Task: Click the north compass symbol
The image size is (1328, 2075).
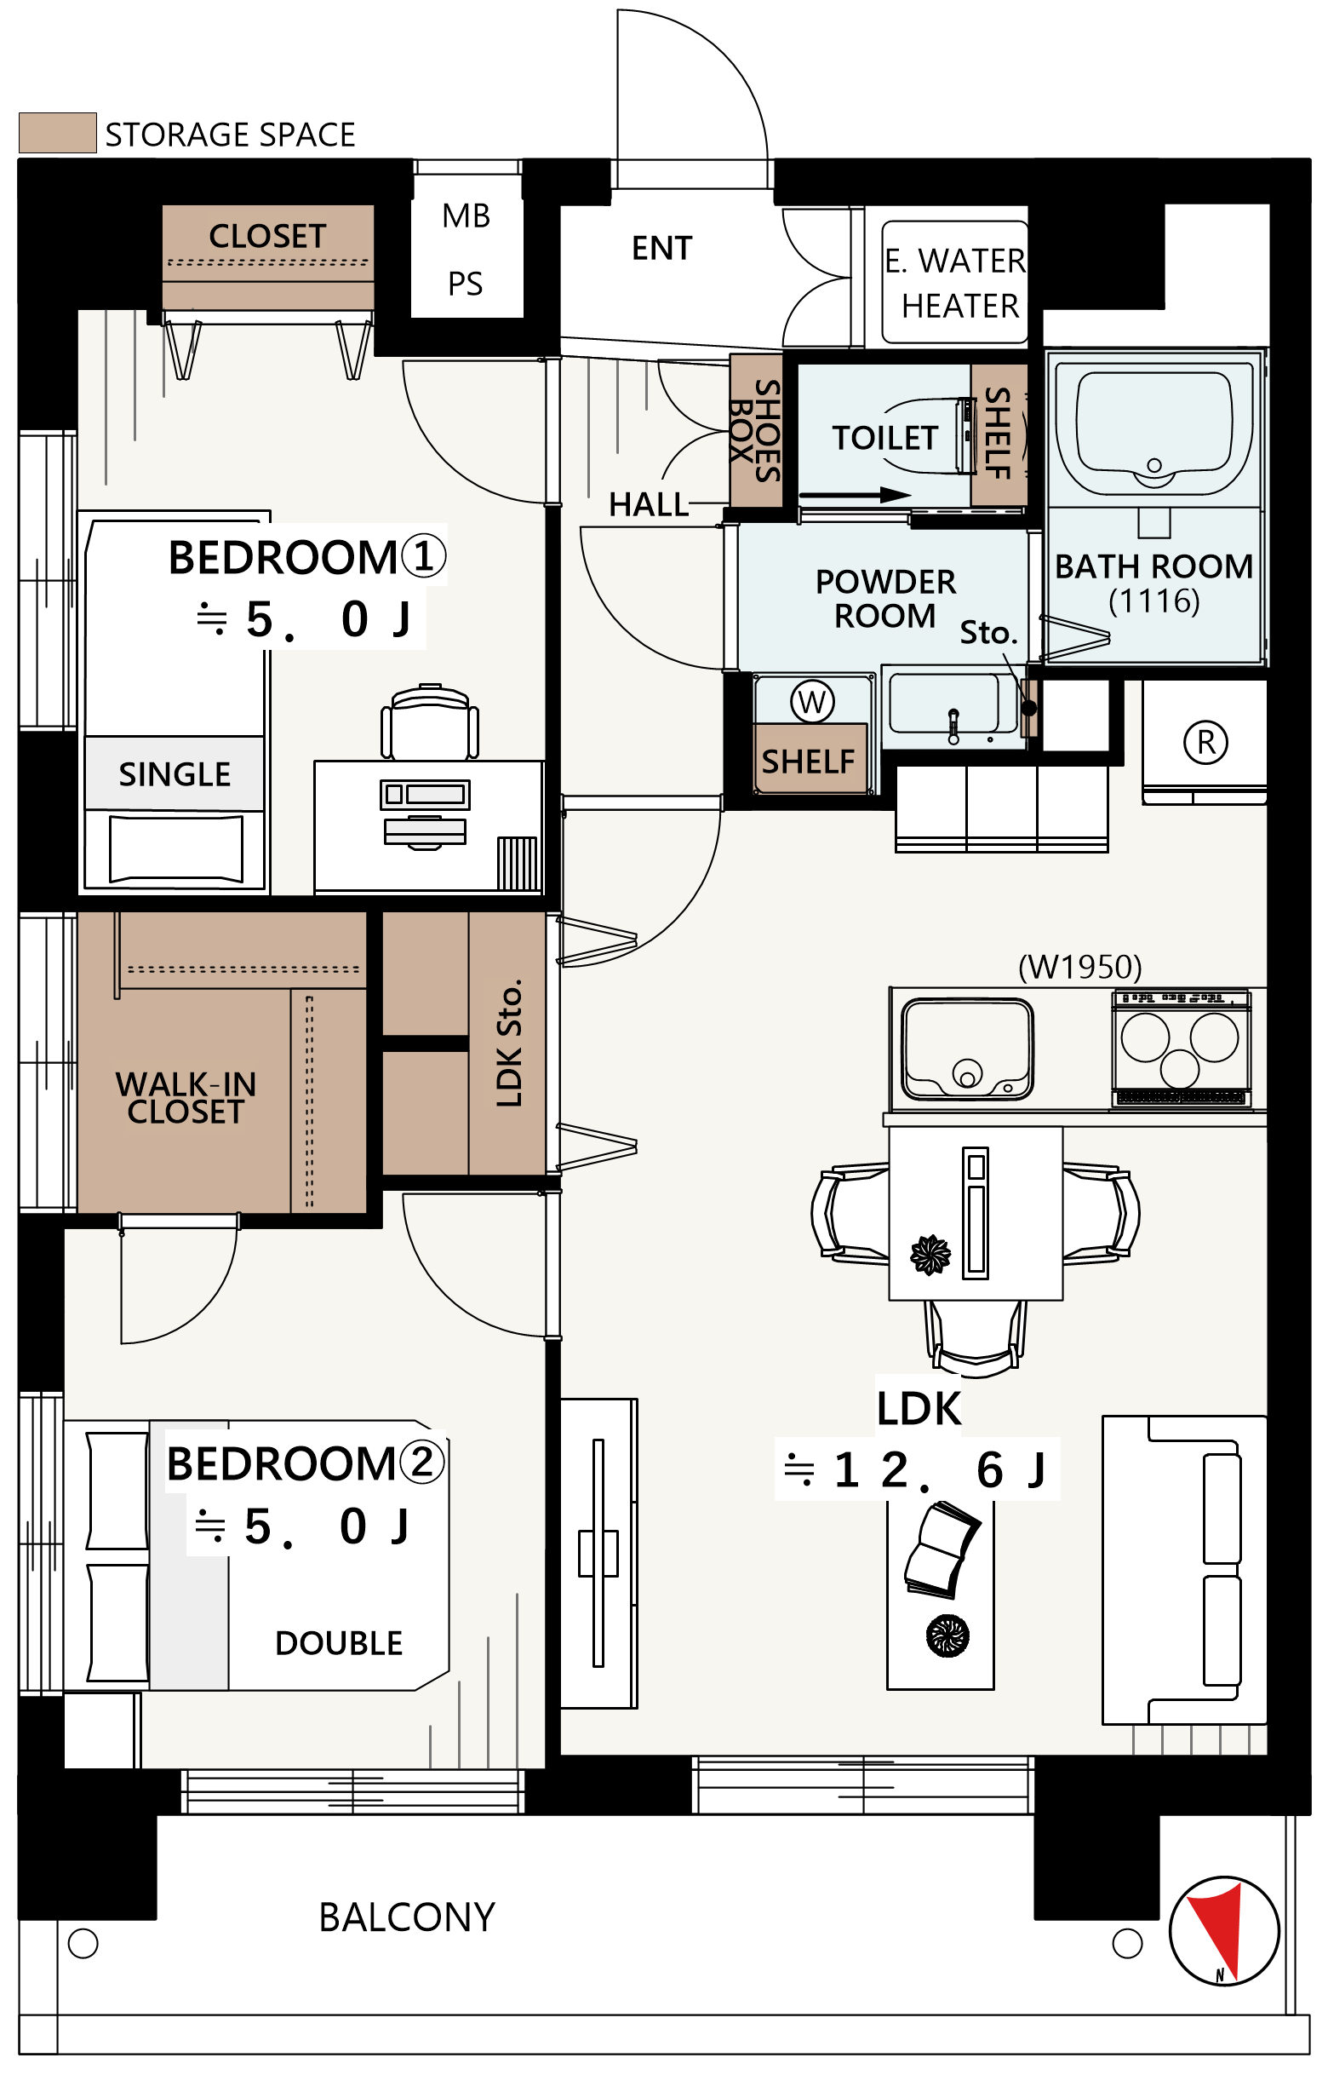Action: point(1223,1931)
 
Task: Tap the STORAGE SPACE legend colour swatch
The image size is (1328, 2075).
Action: point(58,133)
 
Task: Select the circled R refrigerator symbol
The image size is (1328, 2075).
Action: point(1205,742)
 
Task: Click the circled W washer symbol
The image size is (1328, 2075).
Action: point(812,701)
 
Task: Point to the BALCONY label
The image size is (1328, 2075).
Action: point(407,1917)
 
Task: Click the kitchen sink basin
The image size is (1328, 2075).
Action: point(967,1049)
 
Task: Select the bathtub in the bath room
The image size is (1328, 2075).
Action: point(1153,426)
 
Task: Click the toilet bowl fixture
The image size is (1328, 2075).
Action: point(927,436)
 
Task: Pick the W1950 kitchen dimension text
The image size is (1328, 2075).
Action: point(1079,967)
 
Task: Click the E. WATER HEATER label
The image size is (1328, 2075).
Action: point(955,283)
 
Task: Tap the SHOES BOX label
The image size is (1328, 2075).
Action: point(755,430)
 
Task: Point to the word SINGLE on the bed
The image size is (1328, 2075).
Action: point(175,774)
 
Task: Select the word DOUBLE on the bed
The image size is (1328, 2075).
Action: point(339,1643)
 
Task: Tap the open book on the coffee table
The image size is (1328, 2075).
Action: point(942,1550)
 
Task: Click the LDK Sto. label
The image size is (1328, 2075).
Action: point(510,1043)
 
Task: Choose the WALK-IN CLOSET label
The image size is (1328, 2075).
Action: point(186,1097)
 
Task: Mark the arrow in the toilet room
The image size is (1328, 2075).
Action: point(856,495)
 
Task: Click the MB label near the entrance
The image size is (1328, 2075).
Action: point(467,216)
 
